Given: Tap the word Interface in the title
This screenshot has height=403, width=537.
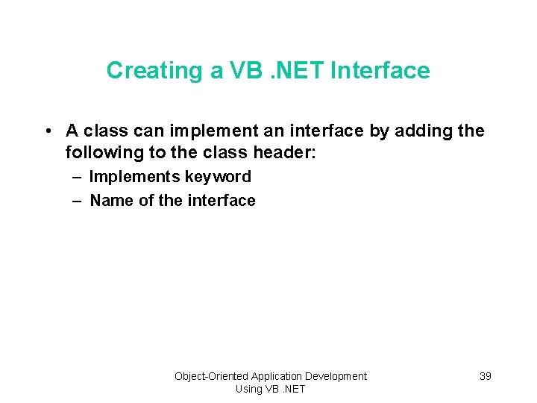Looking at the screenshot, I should (x=380, y=70).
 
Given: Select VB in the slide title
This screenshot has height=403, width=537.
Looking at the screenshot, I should (x=245, y=70).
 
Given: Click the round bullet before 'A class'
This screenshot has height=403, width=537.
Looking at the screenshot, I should (x=47, y=131).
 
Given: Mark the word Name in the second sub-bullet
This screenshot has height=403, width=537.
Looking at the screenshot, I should (x=112, y=200).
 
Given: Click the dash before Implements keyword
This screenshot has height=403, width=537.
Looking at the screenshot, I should (x=78, y=177).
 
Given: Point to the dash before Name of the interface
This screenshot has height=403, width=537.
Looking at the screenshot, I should (x=78, y=200).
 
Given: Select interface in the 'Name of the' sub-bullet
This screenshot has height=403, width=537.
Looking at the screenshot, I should (x=222, y=200).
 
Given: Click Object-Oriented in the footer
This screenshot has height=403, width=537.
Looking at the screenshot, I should (x=212, y=376).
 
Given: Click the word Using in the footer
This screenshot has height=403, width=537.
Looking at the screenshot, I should (x=248, y=389).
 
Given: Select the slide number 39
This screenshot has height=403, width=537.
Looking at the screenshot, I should (x=485, y=376).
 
